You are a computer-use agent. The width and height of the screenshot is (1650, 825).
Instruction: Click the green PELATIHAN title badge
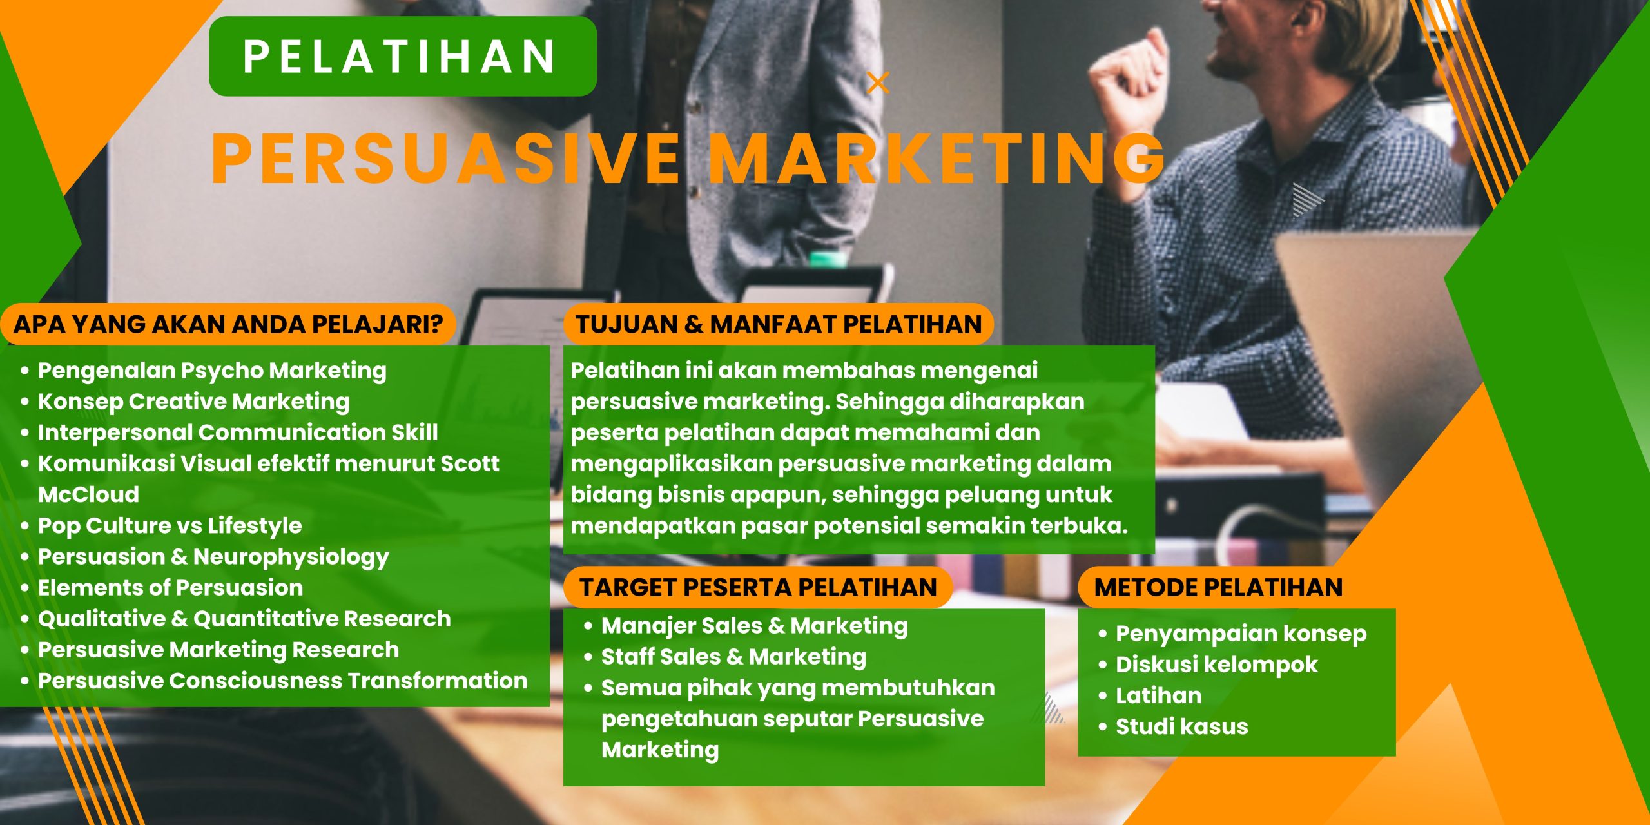(x=402, y=57)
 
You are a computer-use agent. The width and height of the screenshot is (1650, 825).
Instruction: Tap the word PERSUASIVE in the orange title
(x=445, y=159)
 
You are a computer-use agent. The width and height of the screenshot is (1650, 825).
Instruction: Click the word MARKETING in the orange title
(x=938, y=159)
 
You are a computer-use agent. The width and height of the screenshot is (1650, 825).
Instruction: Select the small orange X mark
(x=878, y=83)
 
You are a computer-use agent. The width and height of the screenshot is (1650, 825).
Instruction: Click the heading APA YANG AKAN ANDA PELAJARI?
(x=228, y=324)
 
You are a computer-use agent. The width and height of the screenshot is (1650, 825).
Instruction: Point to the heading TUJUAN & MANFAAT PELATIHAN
(x=778, y=324)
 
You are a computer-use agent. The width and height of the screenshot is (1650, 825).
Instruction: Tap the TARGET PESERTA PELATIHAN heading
(x=757, y=587)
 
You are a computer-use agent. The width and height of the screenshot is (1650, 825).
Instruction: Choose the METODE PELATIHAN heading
(x=1218, y=587)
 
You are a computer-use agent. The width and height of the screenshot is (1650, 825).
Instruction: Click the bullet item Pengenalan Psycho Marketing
(x=212, y=371)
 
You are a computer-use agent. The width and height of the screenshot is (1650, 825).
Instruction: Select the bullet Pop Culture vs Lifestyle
(x=170, y=525)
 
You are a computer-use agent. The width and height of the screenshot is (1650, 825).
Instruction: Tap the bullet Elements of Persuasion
(x=170, y=587)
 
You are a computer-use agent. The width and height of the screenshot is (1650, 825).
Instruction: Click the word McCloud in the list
(x=89, y=494)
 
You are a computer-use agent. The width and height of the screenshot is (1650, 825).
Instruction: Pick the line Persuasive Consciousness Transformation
(x=282, y=681)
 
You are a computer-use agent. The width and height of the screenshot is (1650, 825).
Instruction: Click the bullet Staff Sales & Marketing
(x=733, y=657)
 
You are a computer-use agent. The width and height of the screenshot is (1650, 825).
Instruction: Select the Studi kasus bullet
(x=1181, y=726)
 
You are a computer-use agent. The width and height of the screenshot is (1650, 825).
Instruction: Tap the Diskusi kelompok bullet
(x=1216, y=665)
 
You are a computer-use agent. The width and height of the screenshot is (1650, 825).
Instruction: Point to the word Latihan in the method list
(x=1158, y=695)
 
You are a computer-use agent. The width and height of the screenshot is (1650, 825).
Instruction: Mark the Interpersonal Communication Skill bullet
(x=238, y=432)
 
